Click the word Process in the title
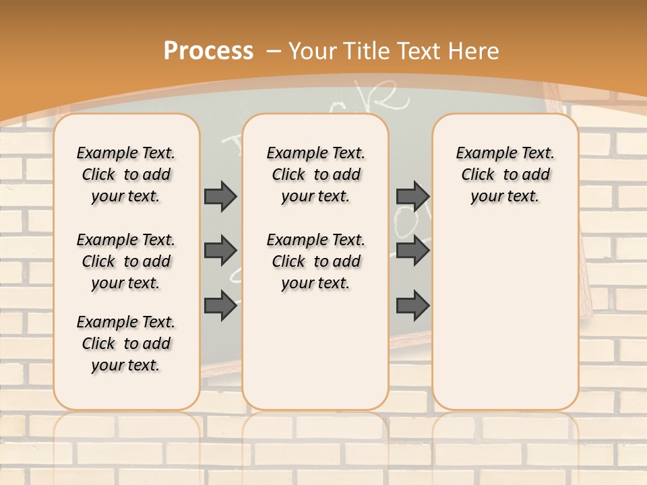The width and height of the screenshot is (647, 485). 208,51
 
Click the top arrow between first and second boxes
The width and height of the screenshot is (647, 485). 220,196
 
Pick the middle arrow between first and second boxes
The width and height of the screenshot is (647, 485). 220,251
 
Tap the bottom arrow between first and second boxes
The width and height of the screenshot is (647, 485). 220,306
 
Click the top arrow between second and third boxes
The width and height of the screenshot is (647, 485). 412,196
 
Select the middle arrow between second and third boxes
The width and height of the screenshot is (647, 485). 412,251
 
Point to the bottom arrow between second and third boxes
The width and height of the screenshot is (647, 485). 412,306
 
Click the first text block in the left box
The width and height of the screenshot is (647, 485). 126,174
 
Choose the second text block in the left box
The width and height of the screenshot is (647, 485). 126,261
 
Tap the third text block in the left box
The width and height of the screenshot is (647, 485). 126,344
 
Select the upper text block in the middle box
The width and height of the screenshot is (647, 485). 316,174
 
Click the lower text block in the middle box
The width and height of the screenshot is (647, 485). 316,261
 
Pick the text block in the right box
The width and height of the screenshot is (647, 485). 505,174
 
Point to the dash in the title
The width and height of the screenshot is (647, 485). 274,51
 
